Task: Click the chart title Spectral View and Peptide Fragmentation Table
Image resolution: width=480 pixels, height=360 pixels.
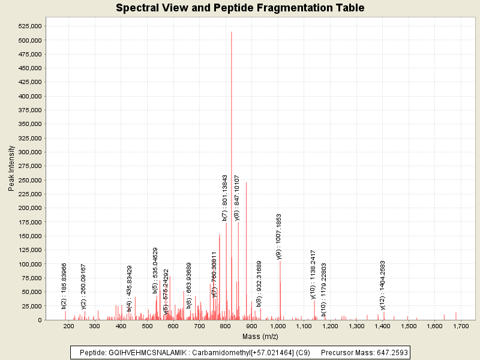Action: (x=240, y=8)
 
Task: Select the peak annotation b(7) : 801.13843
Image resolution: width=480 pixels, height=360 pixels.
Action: (x=225, y=197)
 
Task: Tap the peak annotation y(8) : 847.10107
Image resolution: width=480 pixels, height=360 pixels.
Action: (x=237, y=198)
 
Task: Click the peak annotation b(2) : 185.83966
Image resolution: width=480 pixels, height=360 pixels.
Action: (x=64, y=286)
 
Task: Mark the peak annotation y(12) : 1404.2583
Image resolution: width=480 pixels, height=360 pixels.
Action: (x=383, y=285)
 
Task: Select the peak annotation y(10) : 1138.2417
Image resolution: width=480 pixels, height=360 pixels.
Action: (x=313, y=274)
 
